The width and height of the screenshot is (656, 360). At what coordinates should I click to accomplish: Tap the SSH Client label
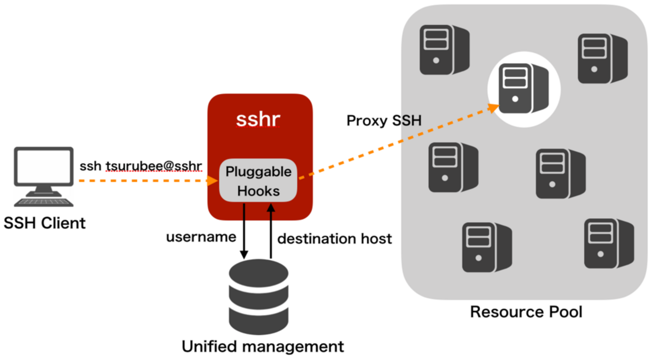pyautogui.click(x=45, y=223)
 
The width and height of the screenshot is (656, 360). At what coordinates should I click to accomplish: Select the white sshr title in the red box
pyautogui.click(x=258, y=120)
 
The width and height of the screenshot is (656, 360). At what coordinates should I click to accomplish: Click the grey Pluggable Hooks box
pyautogui.click(x=258, y=181)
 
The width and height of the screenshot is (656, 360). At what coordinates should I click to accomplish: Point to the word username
pyautogui.click(x=201, y=237)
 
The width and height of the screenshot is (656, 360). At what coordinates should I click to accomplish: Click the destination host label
pyautogui.click(x=334, y=238)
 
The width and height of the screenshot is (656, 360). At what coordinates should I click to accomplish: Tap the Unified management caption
pyautogui.click(x=263, y=347)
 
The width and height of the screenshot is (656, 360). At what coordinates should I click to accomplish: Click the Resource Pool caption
pyautogui.click(x=526, y=312)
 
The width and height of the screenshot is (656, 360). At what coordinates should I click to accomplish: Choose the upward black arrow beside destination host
pyautogui.click(x=271, y=230)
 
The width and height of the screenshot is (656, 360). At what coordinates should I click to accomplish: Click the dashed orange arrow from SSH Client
pyautogui.click(x=146, y=180)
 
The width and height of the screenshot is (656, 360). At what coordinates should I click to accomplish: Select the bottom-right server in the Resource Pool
pyautogui.click(x=608, y=244)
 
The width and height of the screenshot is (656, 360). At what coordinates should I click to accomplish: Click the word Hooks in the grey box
pyautogui.click(x=258, y=191)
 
